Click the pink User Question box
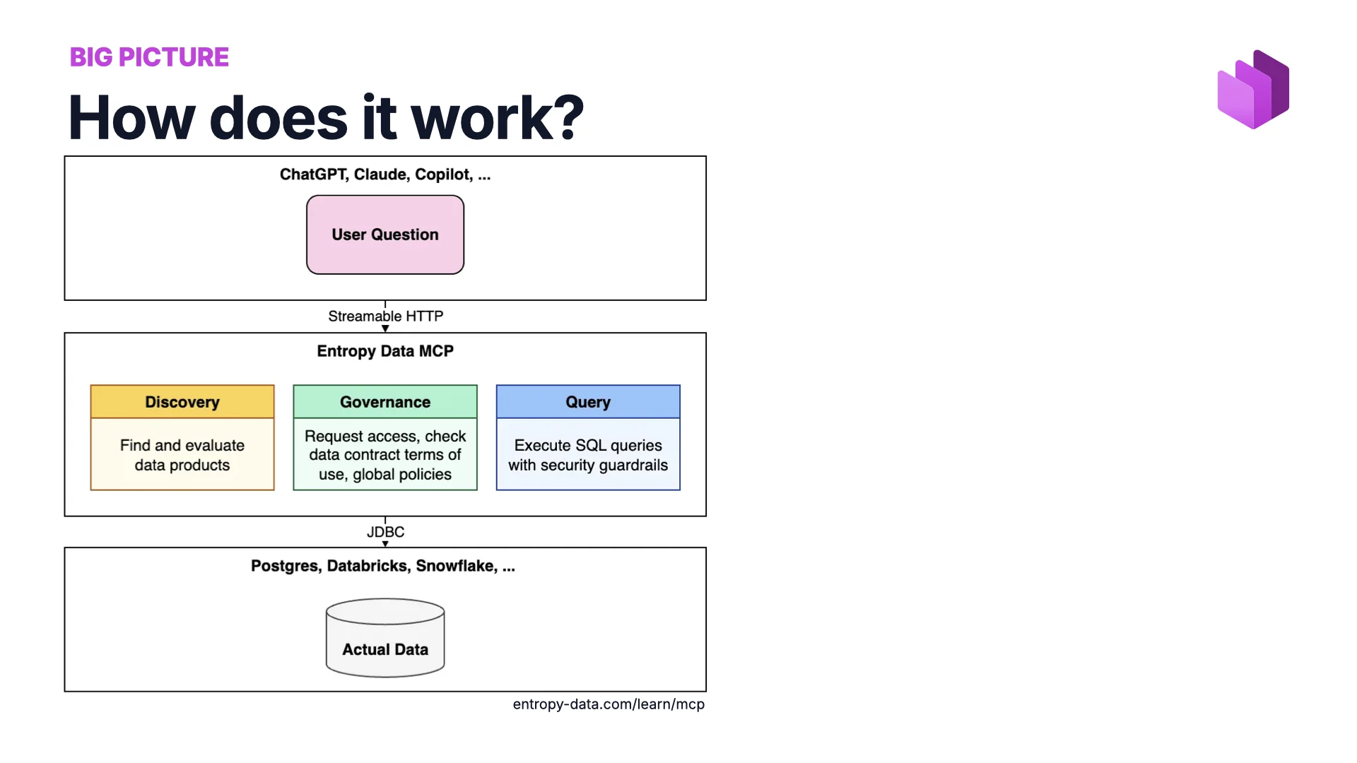[385, 235]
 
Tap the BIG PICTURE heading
[149, 57]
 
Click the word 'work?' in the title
[498, 118]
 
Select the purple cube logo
[1253, 89]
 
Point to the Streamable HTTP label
[385, 317]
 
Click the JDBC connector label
[385, 532]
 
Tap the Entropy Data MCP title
[385, 351]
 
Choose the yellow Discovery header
[182, 402]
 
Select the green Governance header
[385, 402]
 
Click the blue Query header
[588, 402]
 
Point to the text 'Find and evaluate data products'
[182, 455]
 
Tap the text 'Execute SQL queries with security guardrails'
[588, 455]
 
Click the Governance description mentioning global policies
[385, 456]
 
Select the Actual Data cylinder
[385, 639]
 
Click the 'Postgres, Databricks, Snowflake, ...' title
[383, 566]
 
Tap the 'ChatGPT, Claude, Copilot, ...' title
[385, 175]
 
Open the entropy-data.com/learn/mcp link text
[609, 704]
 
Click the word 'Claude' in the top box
[380, 175]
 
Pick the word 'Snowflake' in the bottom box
[456, 566]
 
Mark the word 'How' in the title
[131, 118]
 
